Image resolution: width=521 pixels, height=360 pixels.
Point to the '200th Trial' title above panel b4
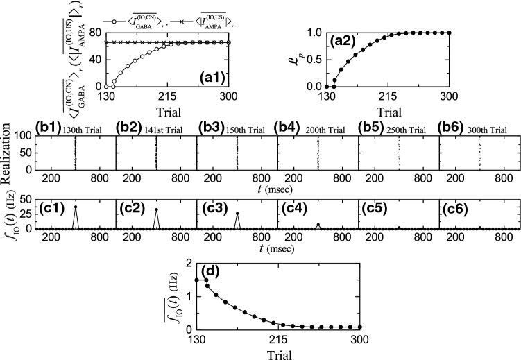(322, 129)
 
